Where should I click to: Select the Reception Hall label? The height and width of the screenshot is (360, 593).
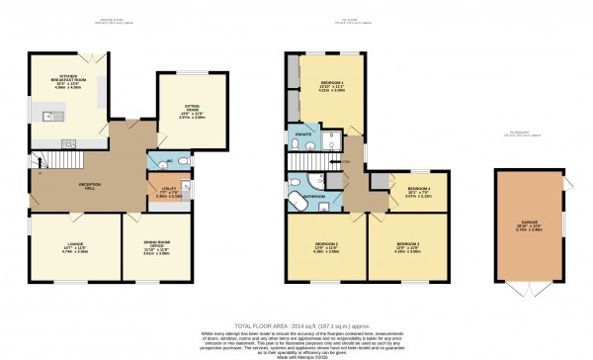click(x=65, y=183)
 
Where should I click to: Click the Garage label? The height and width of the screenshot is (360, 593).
click(x=534, y=225)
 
